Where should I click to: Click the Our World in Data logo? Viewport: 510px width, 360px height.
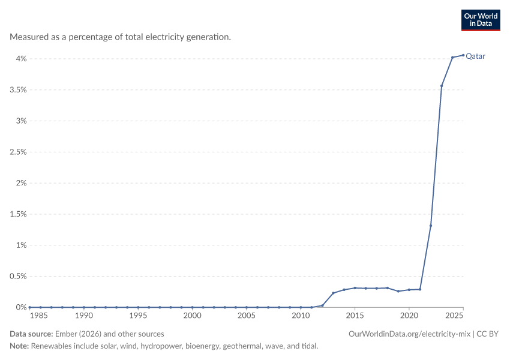(481, 20)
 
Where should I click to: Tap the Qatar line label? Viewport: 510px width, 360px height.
(475, 56)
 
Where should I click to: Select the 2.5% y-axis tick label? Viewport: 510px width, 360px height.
(18, 152)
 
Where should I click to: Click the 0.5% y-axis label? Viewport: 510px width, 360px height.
(18, 276)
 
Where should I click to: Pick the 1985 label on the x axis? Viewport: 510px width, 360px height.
(38, 316)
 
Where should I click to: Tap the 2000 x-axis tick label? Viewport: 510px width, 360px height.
(192, 316)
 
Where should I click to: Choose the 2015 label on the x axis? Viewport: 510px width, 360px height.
(355, 316)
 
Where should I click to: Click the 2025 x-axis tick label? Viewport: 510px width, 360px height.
(454, 316)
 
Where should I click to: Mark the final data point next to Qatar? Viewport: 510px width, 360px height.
(463, 55)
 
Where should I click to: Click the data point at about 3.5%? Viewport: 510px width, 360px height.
(442, 86)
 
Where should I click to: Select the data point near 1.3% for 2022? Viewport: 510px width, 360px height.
(431, 226)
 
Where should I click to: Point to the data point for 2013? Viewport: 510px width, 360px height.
(333, 293)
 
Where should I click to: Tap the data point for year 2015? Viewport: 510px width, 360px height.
(355, 288)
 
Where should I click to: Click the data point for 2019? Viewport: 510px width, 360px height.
(398, 291)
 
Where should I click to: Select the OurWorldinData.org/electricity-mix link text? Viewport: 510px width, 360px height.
(409, 334)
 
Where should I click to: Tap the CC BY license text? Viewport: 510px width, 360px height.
(487, 334)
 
